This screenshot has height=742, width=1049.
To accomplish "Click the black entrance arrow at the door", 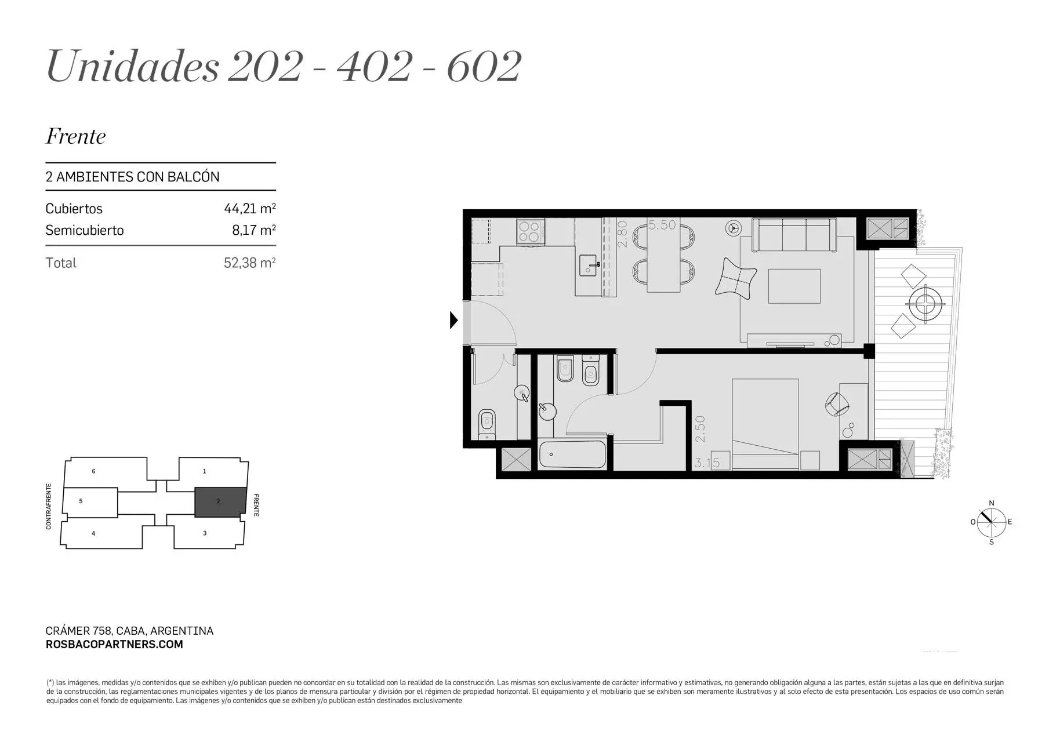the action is coord(453,320).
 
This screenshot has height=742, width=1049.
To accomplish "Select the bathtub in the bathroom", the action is coord(572,455).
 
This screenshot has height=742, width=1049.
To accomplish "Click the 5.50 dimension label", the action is coord(662,225).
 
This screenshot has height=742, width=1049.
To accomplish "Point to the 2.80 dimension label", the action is coord(623,234).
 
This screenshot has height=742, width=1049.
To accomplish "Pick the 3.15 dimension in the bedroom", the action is coord(707,463).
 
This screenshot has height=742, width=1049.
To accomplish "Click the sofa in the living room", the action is coord(794,235).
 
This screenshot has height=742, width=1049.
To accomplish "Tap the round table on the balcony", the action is coord(927,302).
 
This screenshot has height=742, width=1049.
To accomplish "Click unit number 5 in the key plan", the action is coord(81,501).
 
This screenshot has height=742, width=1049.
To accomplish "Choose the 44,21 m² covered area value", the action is coord(250,209).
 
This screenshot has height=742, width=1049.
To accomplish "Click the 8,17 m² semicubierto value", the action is coord(254,230).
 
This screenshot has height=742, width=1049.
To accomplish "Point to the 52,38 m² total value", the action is coord(250,263).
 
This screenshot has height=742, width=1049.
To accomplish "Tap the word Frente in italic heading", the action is coord(76,137).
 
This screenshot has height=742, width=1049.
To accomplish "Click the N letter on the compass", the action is coord(992,503).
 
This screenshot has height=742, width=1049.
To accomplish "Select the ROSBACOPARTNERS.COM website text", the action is coord(114,644).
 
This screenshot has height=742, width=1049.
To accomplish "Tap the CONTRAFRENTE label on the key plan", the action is coord(49,506).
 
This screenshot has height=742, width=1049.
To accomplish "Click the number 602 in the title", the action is coord(484,67).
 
